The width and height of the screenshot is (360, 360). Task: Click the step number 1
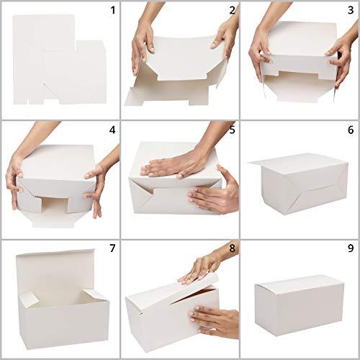[x=113, y=10]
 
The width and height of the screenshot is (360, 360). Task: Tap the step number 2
[x=232, y=10]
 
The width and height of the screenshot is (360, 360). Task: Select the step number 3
[x=351, y=10]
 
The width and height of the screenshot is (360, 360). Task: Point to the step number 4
[x=112, y=130]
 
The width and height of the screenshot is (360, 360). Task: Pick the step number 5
[x=232, y=130]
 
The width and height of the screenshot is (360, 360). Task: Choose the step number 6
[x=351, y=130]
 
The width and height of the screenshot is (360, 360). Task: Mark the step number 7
[x=112, y=248]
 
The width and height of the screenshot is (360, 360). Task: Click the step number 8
[x=232, y=248]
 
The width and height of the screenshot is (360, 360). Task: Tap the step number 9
[x=351, y=248]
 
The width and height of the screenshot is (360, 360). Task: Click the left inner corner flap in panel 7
[x=28, y=300]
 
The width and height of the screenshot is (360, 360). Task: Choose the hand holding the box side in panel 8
[x=214, y=322]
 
